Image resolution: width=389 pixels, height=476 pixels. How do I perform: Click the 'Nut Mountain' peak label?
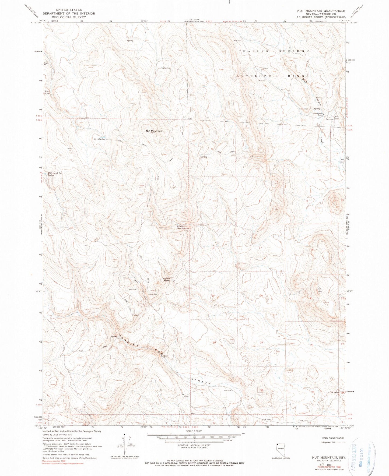(x=154, y=131)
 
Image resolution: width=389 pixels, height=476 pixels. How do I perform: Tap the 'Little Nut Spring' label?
(x=183, y=227)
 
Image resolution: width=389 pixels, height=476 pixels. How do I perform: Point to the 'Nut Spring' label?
(x=99, y=139)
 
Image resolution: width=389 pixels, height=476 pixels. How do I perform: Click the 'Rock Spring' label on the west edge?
(x=47, y=92)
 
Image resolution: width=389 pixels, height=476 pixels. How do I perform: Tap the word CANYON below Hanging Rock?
(x=201, y=381)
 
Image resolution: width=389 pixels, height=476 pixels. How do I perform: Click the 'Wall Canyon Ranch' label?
(x=320, y=114)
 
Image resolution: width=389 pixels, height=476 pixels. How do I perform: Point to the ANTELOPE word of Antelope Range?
(x=253, y=76)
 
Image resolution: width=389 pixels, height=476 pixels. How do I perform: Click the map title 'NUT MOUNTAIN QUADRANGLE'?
(x=321, y=11)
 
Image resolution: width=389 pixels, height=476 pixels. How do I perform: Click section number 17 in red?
(x=260, y=248)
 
